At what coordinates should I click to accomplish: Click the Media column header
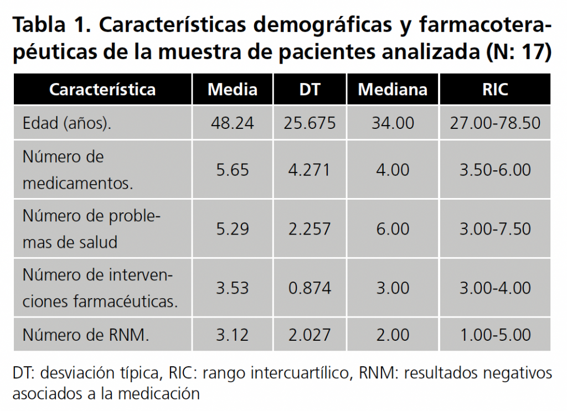pos(233,90)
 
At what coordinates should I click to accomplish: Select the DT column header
pos(310,90)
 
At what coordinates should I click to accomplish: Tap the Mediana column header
pos(393,90)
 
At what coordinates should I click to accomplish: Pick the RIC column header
pos(495,90)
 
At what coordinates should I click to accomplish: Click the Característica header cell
pos(102,90)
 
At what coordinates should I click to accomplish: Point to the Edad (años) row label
pos(66,123)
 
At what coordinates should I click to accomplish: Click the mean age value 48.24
pos(233,123)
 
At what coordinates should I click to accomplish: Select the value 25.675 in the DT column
pos(310,123)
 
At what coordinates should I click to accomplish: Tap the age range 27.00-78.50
pos(495,123)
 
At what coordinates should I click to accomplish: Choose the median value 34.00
pos(393,123)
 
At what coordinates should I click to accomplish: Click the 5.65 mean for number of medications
pos(233,169)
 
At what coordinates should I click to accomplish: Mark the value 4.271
pos(310,169)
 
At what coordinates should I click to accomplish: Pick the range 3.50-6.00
pos(495,169)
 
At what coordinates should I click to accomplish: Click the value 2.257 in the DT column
pos(310,228)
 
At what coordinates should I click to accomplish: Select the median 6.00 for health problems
pos(393,228)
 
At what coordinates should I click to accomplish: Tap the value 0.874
pos(310,288)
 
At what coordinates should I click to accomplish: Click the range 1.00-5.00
pos(495,335)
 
